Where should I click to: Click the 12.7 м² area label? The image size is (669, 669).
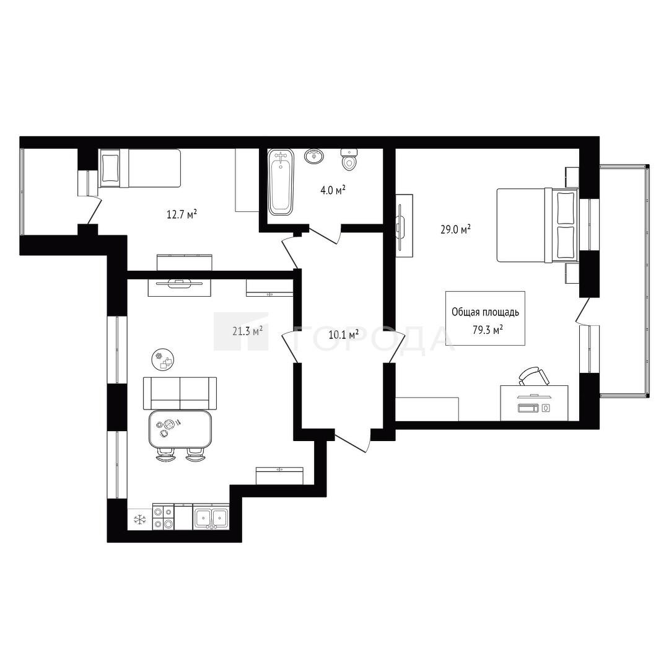(x=181, y=214)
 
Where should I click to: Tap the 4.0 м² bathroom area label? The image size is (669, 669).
(x=333, y=190)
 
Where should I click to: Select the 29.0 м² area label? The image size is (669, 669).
(x=456, y=230)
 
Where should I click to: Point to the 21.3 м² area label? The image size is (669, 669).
(x=247, y=331)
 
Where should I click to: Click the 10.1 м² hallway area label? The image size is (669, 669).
(x=343, y=334)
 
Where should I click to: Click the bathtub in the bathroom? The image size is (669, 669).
(x=281, y=181)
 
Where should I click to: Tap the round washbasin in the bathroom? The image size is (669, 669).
(x=315, y=156)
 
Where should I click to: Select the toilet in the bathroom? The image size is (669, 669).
(x=349, y=159)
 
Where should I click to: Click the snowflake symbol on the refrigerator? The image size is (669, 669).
(x=140, y=519)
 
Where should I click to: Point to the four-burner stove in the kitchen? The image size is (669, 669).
(x=164, y=517)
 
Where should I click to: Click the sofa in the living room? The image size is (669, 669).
(x=180, y=393)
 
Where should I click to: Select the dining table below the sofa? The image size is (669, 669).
(x=180, y=430)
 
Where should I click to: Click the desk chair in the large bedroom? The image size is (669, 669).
(x=534, y=377)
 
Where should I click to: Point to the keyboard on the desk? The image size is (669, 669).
(x=528, y=408)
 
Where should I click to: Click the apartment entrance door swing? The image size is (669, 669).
(x=352, y=442)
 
